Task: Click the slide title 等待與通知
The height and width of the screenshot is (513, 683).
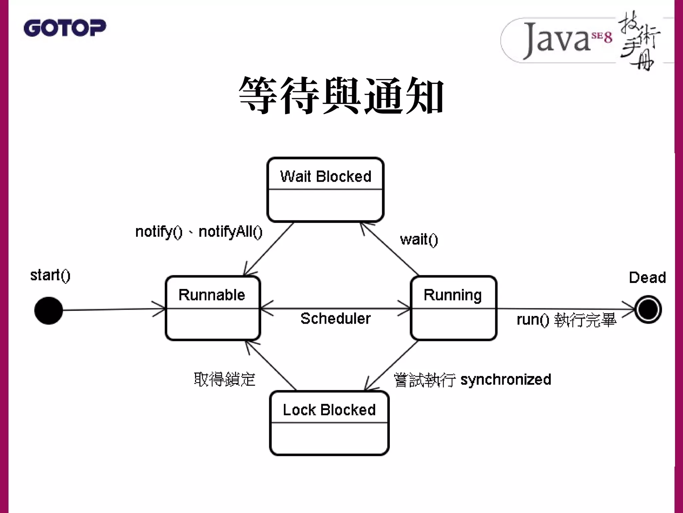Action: click(x=341, y=95)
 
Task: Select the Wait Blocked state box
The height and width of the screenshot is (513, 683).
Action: click(x=325, y=189)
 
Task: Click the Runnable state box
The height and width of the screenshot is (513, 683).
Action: click(x=212, y=308)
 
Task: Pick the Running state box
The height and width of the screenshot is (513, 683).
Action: click(x=453, y=308)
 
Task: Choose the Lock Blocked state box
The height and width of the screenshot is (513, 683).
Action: click(x=329, y=423)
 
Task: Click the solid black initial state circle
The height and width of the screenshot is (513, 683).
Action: click(x=49, y=310)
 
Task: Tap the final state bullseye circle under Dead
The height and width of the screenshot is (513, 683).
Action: click(x=648, y=310)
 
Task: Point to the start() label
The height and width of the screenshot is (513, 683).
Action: click(x=50, y=276)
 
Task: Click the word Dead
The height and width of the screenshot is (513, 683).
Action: click(x=647, y=278)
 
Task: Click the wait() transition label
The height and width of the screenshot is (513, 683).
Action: click(x=419, y=239)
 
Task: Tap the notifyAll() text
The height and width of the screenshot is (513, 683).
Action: click(x=230, y=231)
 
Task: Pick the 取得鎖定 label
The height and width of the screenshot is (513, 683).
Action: click(x=224, y=379)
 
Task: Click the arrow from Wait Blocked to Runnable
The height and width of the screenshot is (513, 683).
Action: click(x=269, y=248)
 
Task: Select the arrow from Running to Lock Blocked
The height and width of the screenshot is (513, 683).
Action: click(x=392, y=365)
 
